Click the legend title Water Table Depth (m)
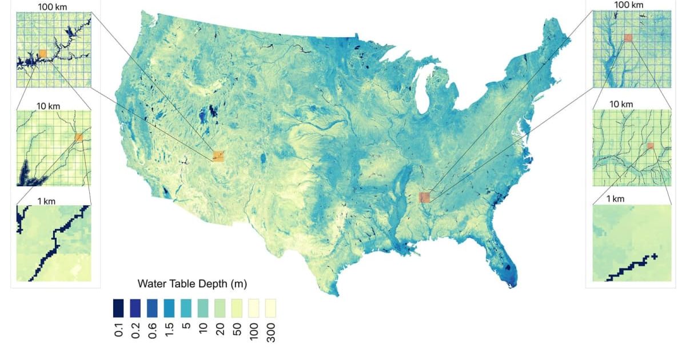[192, 284]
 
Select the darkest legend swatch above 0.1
[118, 308]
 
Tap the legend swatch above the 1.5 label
[169, 308]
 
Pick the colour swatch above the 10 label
[203, 308]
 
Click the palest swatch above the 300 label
[270, 308]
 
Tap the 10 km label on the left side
[48, 106]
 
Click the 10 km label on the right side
[621, 104]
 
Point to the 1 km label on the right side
[615, 199]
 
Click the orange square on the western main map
[218, 156]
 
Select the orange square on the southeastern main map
[424, 197]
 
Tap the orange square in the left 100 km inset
[43, 53]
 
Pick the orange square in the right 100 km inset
[628, 38]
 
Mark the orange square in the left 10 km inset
[79, 138]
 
